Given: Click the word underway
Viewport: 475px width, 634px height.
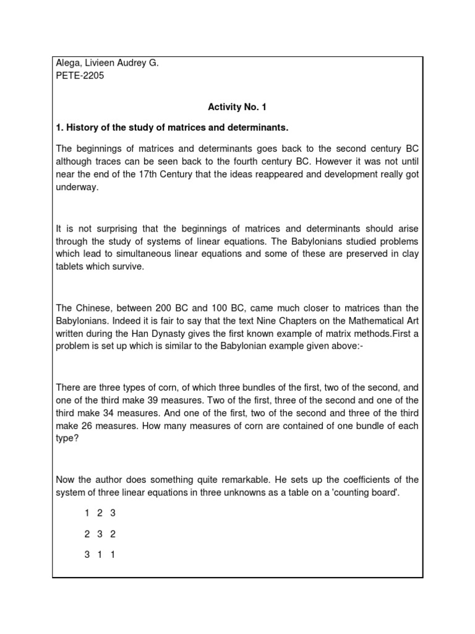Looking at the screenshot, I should (77, 188).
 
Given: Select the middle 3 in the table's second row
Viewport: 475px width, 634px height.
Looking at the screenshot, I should (100, 534).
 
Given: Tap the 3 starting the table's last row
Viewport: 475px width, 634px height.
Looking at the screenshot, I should (87, 555).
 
